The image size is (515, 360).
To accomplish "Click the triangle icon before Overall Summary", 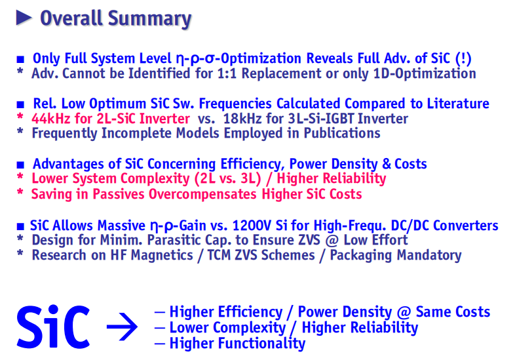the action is click(24, 18).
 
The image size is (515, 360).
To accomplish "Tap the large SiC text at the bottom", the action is click(53, 327).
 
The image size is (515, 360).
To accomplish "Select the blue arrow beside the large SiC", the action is click(122, 327).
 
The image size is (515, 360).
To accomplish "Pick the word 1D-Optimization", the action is click(425, 73).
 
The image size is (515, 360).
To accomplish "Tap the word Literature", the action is click(458, 104).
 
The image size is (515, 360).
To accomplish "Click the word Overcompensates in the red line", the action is click(202, 194).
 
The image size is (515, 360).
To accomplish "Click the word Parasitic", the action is click(174, 240).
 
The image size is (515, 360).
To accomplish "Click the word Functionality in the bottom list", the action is click(262, 343).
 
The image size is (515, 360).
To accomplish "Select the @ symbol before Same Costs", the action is click(404, 312).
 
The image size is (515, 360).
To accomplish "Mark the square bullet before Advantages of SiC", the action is click(20, 165).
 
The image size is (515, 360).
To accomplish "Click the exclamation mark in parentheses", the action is click(463, 58).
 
